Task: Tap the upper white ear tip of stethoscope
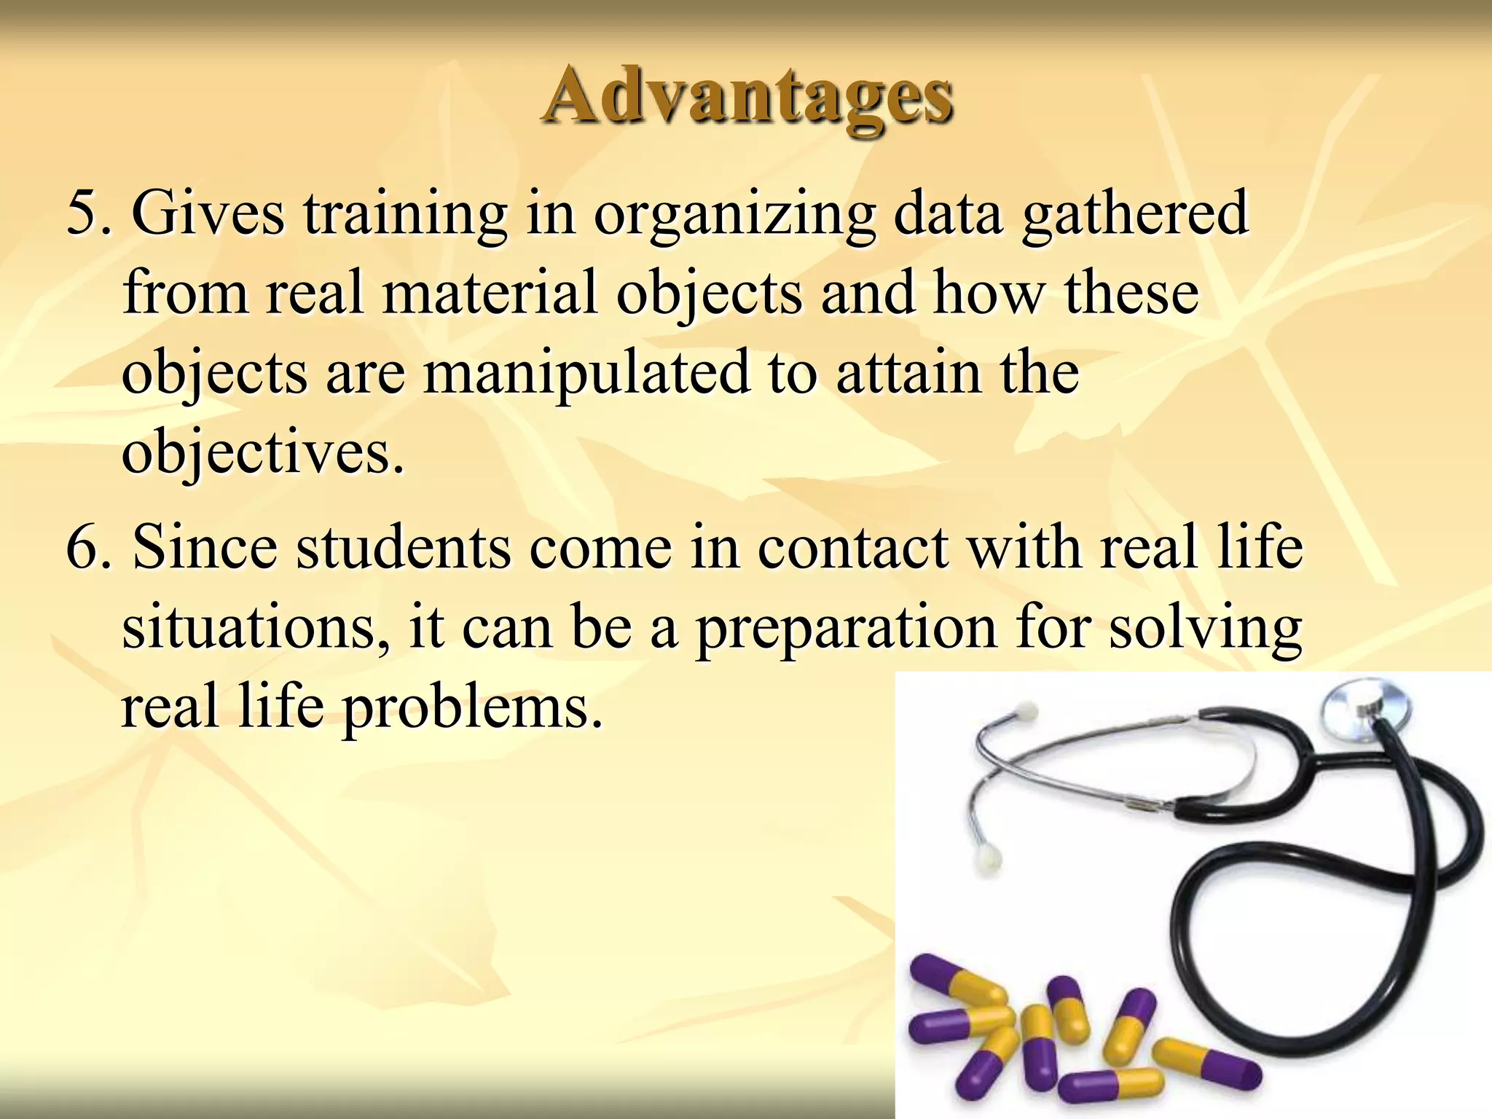pos(1026,710)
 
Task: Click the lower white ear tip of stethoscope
pos(989,857)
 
